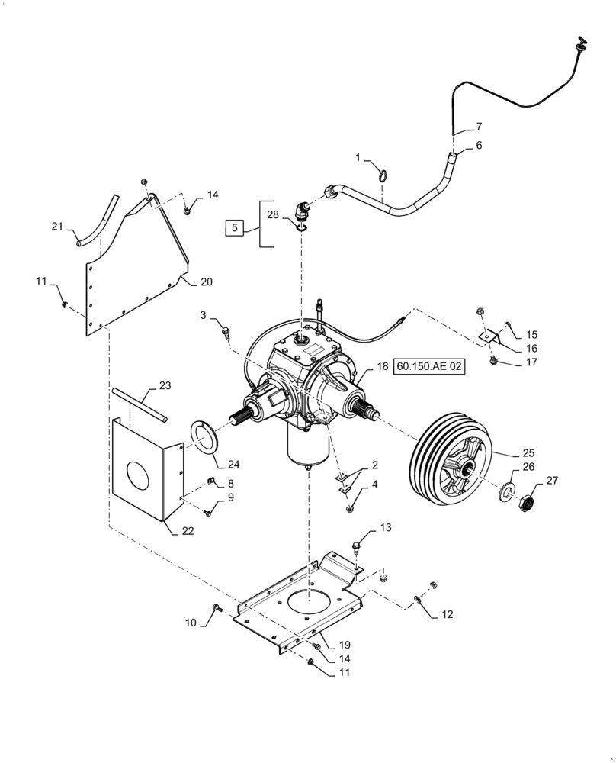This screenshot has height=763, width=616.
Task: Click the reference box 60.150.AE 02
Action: pyautogui.click(x=429, y=368)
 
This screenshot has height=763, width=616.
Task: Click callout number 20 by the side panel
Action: pyautogui.click(x=207, y=282)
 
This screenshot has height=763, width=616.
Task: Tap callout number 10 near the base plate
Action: pyautogui.click(x=190, y=623)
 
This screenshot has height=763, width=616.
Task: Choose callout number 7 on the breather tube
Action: pyautogui.click(x=479, y=126)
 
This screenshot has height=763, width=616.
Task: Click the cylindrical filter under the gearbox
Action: pyautogui.click(x=308, y=446)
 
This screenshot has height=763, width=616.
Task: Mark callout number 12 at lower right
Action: pyautogui.click(x=448, y=613)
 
